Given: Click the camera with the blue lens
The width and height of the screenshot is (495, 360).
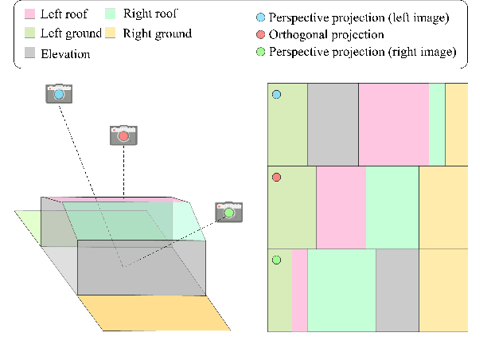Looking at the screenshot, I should tap(59, 93).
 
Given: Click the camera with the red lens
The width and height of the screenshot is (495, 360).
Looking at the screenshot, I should tap(123, 135).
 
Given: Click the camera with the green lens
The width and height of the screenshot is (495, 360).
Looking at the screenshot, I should tap(229, 212).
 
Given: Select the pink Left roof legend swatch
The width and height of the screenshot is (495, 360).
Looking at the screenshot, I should tap(30, 14).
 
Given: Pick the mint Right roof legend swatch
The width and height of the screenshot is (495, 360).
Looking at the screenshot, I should tap(111, 14).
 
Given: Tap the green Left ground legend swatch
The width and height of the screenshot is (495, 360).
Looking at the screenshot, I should tap(30, 33).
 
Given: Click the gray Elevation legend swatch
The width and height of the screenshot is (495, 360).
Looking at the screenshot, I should tap(30, 53).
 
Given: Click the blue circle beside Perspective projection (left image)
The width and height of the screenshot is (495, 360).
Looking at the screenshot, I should tap(262, 17).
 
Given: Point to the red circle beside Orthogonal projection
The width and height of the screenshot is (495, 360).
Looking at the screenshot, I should tap(262, 34).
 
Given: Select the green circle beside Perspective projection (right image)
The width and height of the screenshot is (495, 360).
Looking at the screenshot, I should tap(262, 52).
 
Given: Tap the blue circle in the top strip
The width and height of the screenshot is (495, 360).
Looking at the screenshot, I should tap(277, 95).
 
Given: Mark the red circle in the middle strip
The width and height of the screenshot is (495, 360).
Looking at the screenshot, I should tap(277, 177).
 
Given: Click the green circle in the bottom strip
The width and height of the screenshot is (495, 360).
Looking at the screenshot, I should tap(277, 260).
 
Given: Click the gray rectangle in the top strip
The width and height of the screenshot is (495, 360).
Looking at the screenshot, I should tap(333, 123).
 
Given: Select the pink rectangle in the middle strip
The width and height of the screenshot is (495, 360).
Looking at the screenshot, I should tap(341, 207).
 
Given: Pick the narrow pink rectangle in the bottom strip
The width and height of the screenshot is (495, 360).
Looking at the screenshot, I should tap(300, 290).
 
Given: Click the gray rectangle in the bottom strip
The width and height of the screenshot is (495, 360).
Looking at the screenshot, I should tap(397, 290).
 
